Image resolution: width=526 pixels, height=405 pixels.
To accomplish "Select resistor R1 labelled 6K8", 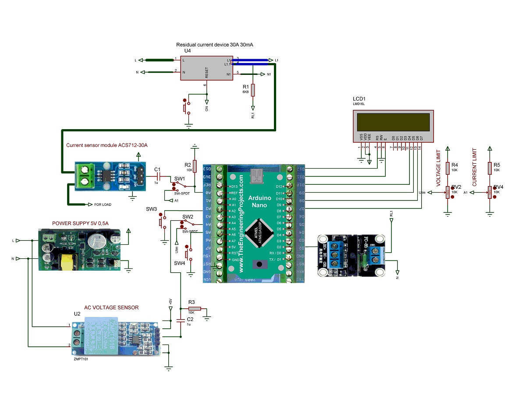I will point(252,90).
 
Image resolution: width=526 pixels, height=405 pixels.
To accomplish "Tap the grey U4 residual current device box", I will point(206,67).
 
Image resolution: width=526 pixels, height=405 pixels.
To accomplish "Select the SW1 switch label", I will point(180,179).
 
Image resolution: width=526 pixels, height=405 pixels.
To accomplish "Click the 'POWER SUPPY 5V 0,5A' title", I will point(80,223).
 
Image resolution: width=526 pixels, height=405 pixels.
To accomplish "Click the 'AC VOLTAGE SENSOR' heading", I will point(111,307).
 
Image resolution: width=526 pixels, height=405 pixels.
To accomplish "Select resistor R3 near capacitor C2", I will point(194,309).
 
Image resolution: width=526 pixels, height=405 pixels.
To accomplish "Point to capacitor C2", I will point(180,320).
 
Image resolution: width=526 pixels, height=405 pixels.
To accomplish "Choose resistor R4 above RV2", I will point(448,168).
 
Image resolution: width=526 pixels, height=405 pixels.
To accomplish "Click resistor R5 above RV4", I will point(489,168).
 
